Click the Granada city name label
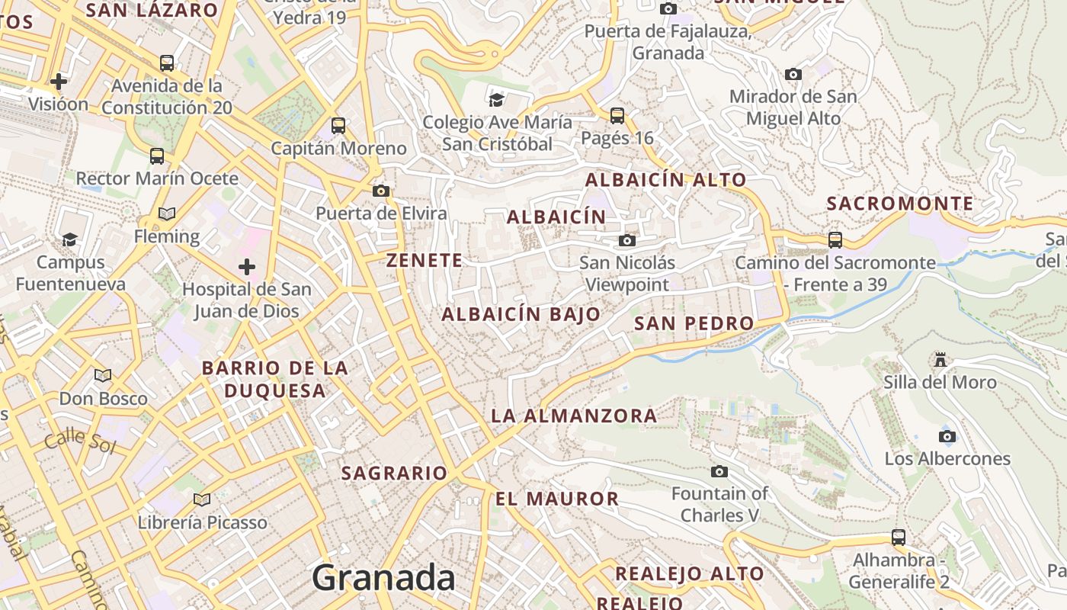[383, 577]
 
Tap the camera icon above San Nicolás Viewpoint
[627, 241]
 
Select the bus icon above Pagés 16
[617, 116]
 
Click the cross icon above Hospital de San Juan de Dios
[247, 267]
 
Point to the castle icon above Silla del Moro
[940, 359]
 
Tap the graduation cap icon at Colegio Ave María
[497, 99]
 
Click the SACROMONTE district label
[900, 204]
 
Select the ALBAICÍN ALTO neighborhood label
[666, 180]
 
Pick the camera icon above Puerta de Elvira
[381, 191]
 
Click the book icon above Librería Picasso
[202, 500]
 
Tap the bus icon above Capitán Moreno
[338, 126]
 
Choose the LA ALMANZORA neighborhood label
[574, 416]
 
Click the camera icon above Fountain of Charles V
[719, 471]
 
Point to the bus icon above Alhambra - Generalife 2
[899, 538]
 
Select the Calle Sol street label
[79, 441]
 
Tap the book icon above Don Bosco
[103, 375]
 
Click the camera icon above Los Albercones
[947, 436]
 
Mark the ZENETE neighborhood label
[425, 261]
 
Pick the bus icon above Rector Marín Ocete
[157, 156]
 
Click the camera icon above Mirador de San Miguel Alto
[793, 75]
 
